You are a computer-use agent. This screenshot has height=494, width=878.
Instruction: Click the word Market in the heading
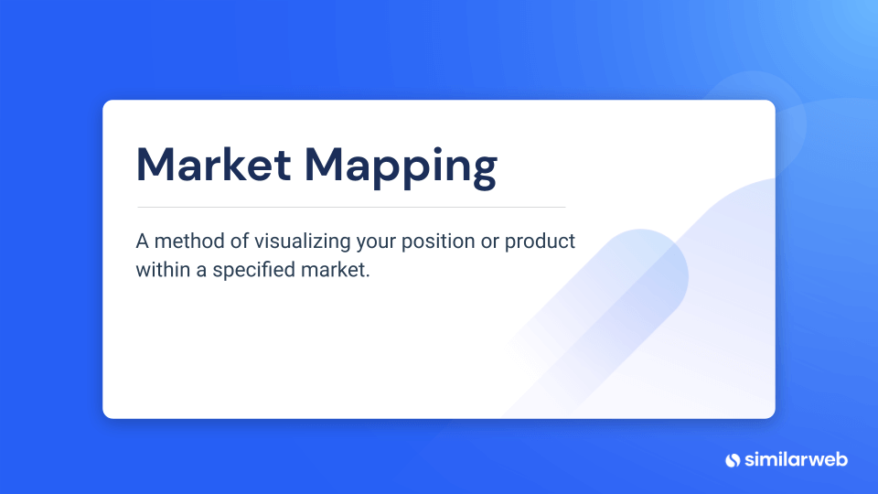[x=213, y=165]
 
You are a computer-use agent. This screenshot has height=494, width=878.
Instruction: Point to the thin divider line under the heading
[x=351, y=208]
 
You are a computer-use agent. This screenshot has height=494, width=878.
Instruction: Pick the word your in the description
[x=376, y=243]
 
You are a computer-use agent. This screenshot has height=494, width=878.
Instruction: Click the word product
[x=540, y=242]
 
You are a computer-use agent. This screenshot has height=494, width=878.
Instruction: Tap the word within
[x=164, y=269]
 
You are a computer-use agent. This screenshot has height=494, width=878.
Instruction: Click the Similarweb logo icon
[x=733, y=460]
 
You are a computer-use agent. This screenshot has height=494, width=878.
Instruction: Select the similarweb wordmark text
[x=796, y=460]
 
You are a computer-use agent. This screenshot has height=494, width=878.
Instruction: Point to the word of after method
[x=240, y=242]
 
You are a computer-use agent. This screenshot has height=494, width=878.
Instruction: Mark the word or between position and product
[x=490, y=244]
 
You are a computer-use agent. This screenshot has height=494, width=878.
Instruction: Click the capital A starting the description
[x=143, y=242]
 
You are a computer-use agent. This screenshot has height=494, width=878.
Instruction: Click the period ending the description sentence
[x=368, y=276]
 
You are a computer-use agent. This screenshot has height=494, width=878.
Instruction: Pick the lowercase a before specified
[x=201, y=272]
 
